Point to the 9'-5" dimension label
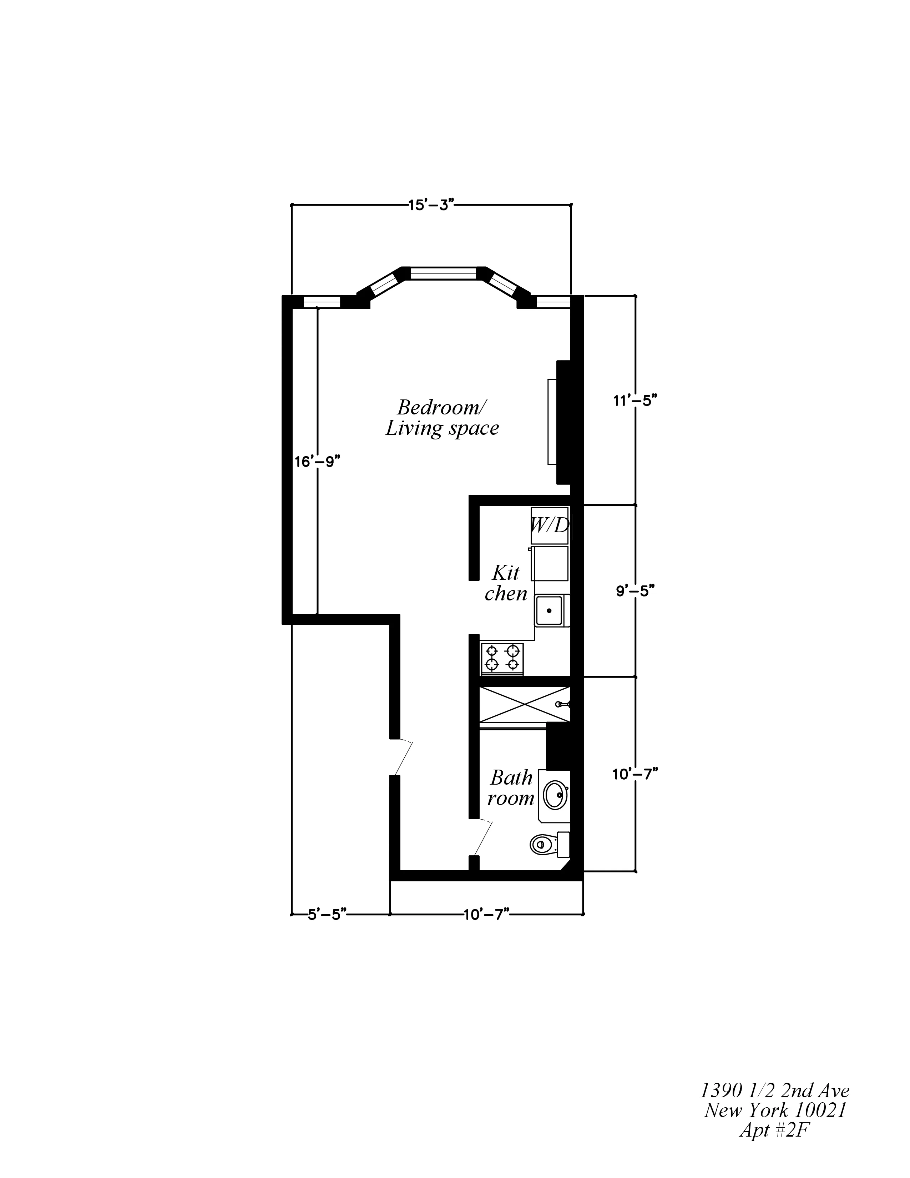pos(635,591)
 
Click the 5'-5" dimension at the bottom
pos(327,915)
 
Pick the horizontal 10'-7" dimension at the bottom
pos(486,915)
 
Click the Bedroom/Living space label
pos(442,418)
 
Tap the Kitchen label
pos(506,583)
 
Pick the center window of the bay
pos(444,273)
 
